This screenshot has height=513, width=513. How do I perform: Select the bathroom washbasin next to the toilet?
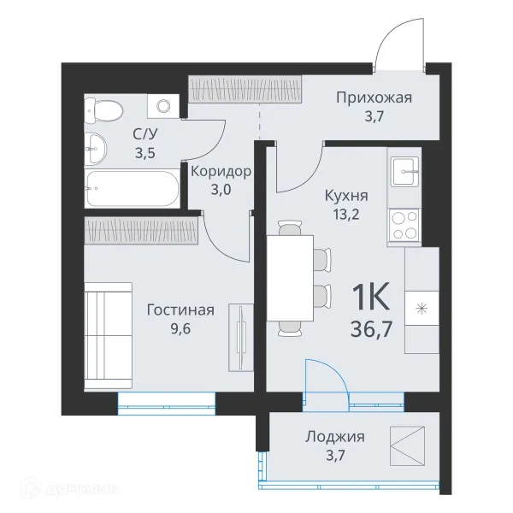pyautogui.click(x=96, y=149)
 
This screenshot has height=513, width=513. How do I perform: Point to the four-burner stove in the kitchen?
pyautogui.click(x=404, y=224)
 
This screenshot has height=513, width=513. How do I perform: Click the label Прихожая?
pyautogui.click(x=374, y=97)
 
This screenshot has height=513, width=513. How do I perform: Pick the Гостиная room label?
pyautogui.click(x=180, y=310)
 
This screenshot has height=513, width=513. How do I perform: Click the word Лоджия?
pyautogui.click(x=335, y=437)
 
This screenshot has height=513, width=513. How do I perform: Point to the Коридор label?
pyautogui.click(x=221, y=171)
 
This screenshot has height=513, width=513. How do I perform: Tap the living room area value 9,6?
pyautogui.click(x=180, y=328)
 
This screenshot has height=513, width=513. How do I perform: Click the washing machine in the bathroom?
pyautogui.click(x=162, y=106)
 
